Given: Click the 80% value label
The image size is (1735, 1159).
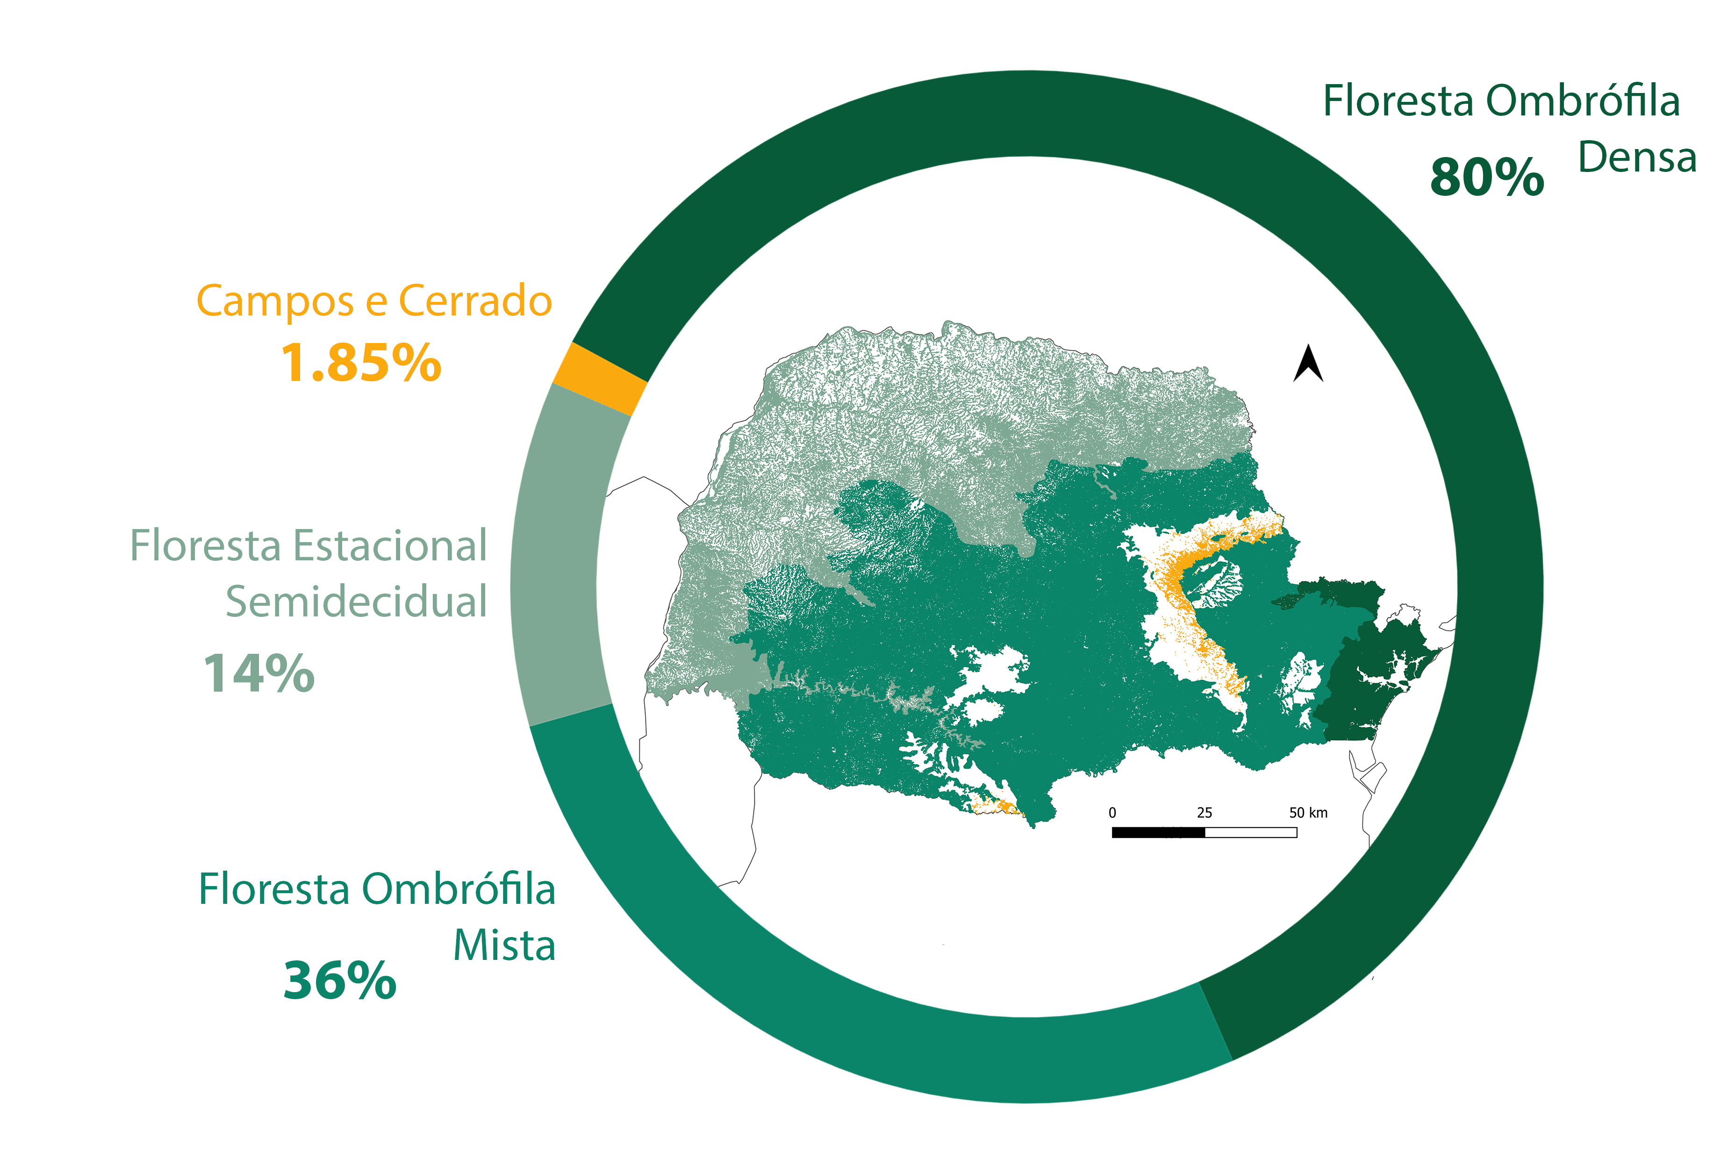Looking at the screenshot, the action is click(x=1487, y=178).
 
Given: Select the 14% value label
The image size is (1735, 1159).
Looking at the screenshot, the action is click(x=259, y=673).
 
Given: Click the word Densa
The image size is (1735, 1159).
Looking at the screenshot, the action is click(x=1637, y=157).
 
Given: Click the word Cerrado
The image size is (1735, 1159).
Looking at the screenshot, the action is click(x=475, y=301).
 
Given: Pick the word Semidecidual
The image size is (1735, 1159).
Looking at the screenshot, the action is click(x=356, y=601).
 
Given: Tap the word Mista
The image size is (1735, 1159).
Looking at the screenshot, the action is click(x=504, y=945).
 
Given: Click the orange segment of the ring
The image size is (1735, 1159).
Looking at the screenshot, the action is click(x=599, y=379).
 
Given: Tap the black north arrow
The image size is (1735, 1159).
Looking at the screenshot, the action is click(x=1308, y=363).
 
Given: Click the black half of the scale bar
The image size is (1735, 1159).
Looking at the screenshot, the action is click(x=1158, y=832).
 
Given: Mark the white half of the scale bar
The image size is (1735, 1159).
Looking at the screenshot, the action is click(x=1251, y=832).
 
